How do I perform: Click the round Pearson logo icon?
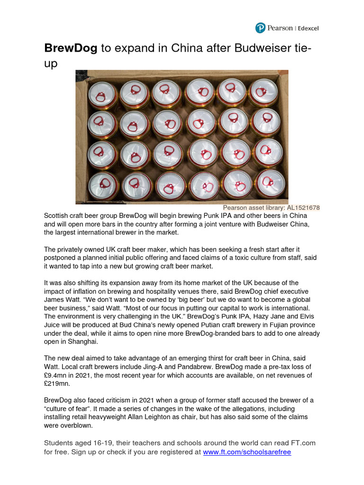(x=260, y=28)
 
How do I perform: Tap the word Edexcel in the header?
(x=308, y=28)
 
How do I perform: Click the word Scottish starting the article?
(x=58, y=216)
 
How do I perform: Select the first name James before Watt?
(x=55, y=299)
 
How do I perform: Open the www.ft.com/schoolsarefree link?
(x=246, y=452)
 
